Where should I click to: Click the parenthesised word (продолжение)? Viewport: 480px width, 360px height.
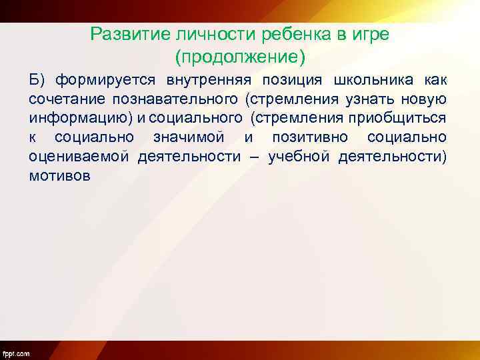[240, 57]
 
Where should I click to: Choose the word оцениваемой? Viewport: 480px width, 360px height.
[79, 158]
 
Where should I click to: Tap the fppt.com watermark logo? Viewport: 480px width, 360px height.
[16, 352]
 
